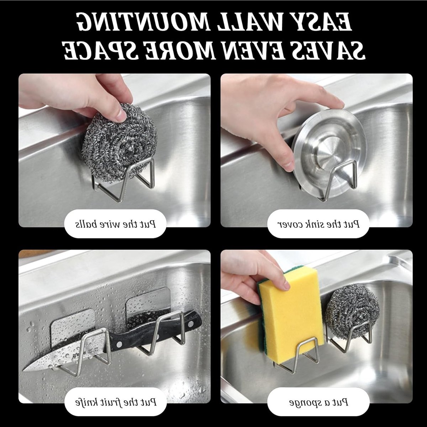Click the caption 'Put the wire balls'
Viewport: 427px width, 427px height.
(115, 224)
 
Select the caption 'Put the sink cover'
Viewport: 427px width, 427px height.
(318, 224)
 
